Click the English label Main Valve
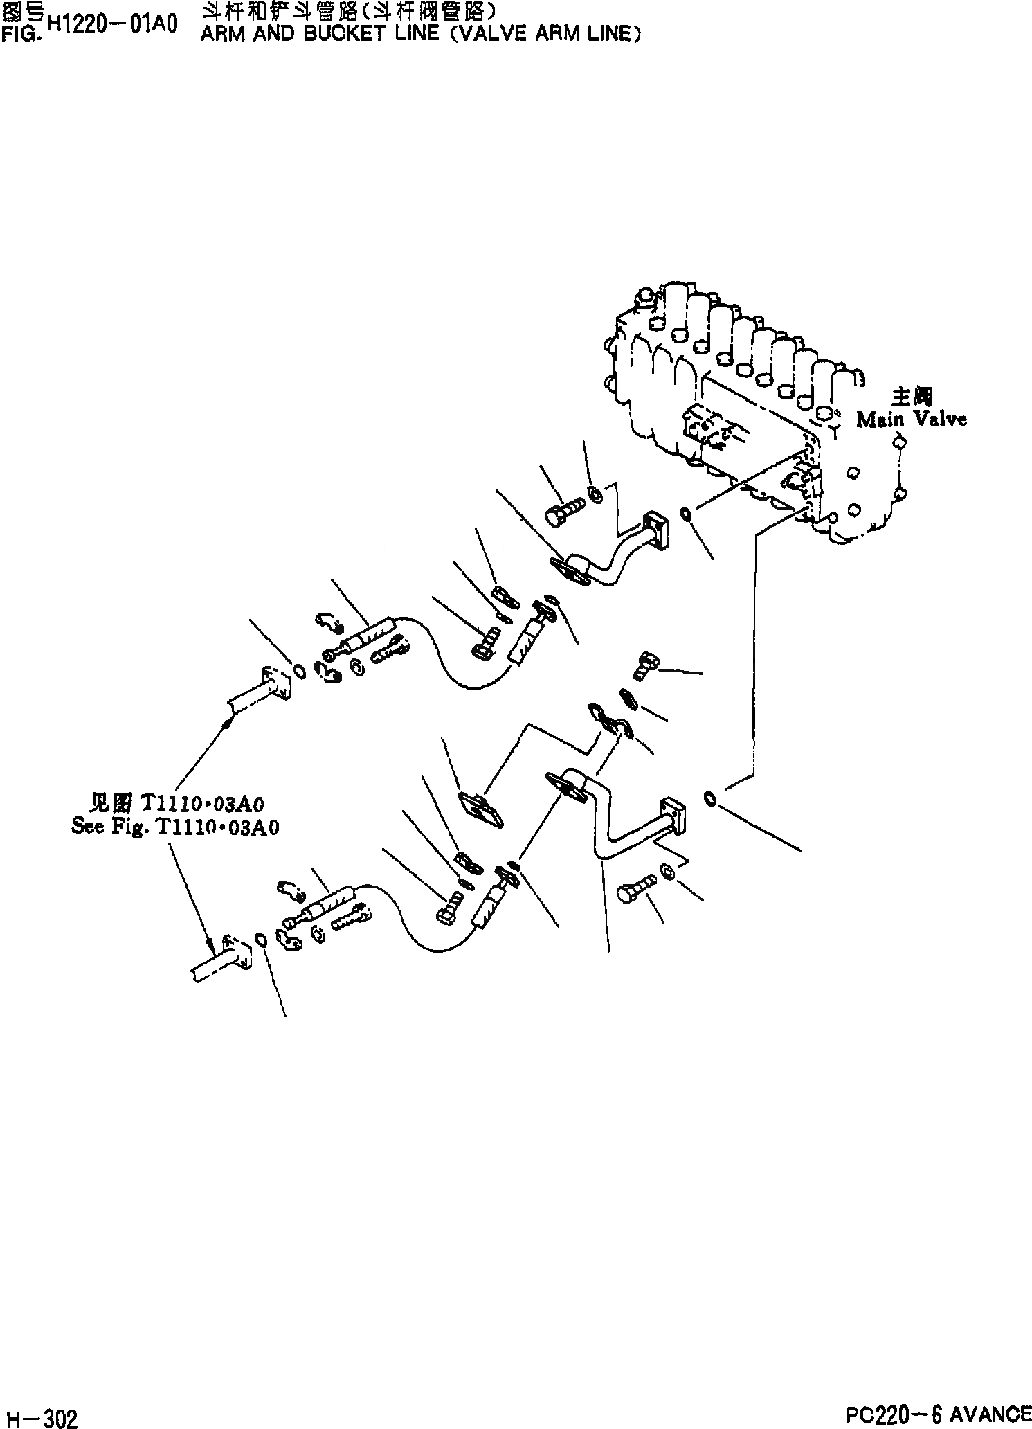pos(911,420)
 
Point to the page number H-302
pos(41,1414)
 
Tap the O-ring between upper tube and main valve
pos(685,514)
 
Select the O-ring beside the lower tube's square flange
pos(710,798)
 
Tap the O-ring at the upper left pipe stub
pos(299,670)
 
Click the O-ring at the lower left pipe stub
pos(262,940)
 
